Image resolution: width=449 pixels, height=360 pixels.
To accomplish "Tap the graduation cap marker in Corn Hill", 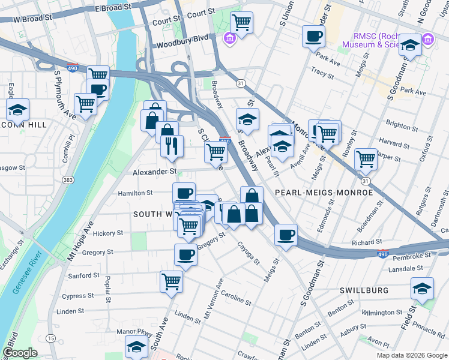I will coord(18,110).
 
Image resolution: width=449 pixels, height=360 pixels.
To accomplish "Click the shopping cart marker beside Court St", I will coord(241,23).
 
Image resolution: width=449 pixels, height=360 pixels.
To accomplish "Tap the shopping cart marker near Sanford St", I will coord(172,280).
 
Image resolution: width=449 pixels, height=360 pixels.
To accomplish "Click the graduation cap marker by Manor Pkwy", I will coord(136,346).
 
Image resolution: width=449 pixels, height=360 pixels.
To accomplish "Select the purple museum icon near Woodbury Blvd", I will coord(229,40).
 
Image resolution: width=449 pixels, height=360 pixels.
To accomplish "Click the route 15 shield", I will coord(51,339).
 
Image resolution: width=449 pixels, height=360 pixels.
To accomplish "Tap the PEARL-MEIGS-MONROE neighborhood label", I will coord(324,193).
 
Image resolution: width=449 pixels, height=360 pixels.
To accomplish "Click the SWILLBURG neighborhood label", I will coord(364,290).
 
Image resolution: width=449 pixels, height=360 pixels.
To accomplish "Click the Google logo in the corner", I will coord(20,353).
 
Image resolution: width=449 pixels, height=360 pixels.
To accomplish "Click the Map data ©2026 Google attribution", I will coord(411,355).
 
